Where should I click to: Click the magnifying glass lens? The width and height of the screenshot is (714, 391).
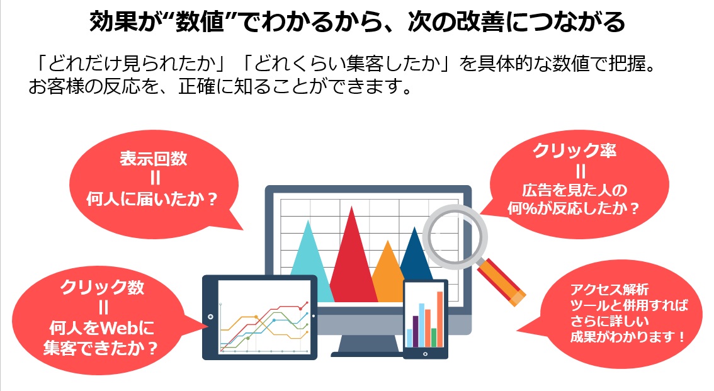tap(455, 237)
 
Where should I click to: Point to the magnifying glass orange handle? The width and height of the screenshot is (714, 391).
tap(501, 281)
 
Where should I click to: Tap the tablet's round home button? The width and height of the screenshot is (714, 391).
tap(210, 317)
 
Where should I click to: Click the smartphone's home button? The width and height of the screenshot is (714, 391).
tap(425, 354)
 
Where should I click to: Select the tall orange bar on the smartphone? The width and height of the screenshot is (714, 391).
tap(440, 319)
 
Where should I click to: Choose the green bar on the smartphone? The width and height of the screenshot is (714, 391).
tap(433, 337)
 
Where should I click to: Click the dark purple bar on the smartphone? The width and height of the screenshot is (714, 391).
tap(416, 331)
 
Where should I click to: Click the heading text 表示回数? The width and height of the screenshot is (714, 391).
tap(154, 159)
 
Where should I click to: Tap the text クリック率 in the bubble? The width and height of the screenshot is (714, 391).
tap(575, 150)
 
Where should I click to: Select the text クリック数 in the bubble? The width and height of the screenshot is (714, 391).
tap(103, 287)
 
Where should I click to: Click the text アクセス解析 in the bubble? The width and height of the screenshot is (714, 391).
tap(609, 289)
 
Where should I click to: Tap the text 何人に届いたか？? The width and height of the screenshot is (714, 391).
tap(152, 200)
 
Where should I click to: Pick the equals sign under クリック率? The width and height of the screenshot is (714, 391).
tap(580, 171)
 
